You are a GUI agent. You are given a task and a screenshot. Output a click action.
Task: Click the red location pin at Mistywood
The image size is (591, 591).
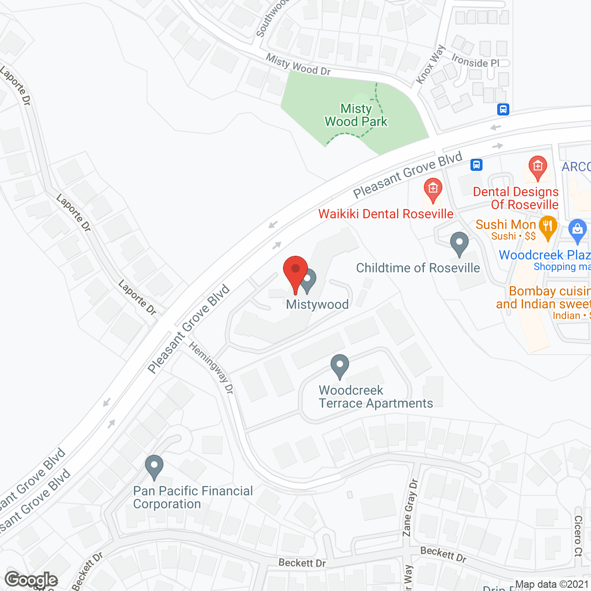295,270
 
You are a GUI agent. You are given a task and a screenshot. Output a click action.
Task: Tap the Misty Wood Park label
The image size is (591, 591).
356,115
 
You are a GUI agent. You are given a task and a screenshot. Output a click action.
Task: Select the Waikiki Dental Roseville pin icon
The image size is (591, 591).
433,189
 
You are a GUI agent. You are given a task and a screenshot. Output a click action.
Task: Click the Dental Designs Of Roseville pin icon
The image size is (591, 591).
537,167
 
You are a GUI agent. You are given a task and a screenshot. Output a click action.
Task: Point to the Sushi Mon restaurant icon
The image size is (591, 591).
548,226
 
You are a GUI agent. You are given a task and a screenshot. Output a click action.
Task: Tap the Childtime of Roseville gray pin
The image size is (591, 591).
459,243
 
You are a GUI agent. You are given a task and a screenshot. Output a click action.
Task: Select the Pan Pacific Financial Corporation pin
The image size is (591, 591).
154,466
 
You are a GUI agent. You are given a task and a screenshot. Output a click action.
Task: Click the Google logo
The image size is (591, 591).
31,580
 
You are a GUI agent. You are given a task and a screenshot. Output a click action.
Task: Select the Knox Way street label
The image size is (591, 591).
430,64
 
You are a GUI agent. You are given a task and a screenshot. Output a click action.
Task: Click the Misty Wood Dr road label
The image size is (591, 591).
298,65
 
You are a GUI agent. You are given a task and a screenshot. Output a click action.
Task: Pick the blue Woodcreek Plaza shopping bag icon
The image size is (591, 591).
577,231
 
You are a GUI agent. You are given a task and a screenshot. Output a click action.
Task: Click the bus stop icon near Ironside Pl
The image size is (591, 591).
503,109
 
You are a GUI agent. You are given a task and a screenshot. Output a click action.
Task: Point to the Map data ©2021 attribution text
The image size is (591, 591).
552,585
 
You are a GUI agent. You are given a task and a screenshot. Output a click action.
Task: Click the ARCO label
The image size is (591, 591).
576,167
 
